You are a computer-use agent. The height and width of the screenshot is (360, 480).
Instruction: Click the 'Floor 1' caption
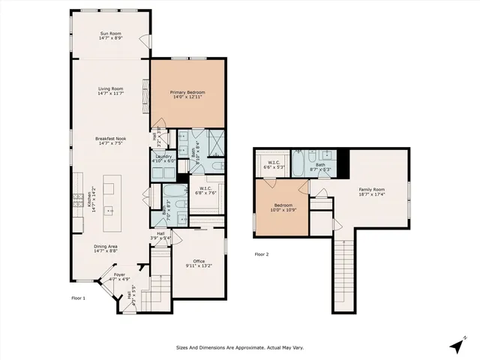coord(79,298)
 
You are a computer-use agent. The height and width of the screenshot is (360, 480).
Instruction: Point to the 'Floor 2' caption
coord(262,254)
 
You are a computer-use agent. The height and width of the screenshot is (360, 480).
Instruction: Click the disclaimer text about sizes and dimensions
coord(240,347)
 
